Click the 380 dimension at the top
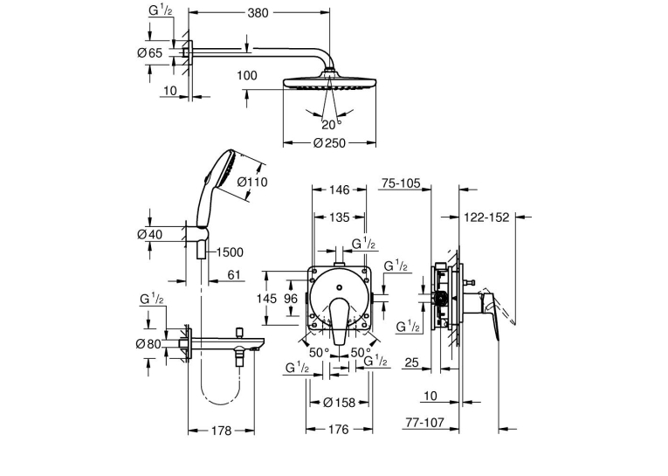coord(258,13)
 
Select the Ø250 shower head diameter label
coord(329,143)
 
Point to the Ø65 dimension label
coord(149,53)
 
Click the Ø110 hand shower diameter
coord(252,182)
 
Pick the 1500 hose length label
coord(230,252)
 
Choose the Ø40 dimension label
coord(149,234)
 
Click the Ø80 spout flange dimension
coord(148,343)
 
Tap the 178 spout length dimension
coord(221,431)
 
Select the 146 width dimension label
coord(340,190)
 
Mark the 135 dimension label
coord(340,217)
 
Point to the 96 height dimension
coord(291,299)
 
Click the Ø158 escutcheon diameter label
coord(339,403)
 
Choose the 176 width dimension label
coord(339,430)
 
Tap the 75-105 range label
coord(401,183)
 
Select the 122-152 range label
coord(486,217)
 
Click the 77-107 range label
coord(424,423)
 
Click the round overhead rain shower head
coord(329,84)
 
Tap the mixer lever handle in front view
coord(339,321)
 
